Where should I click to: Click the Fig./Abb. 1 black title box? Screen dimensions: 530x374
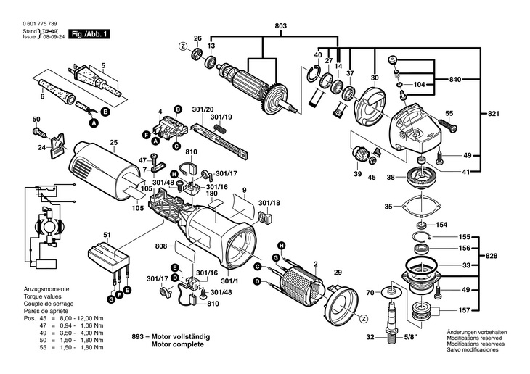(x=89, y=34)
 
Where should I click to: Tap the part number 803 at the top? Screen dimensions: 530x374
(x=280, y=26)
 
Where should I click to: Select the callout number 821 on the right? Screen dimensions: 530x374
(x=493, y=114)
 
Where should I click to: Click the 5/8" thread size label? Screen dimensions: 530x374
(x=410, y=337)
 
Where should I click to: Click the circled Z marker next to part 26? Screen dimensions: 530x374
(x=183, y=47)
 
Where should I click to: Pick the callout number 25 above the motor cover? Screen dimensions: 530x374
(x=113, y=143)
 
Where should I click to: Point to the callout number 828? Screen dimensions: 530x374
(x=491, y=256)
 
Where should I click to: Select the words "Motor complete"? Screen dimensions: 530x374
(x=177, y=344)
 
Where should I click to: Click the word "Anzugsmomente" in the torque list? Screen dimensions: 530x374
(x=46, y=289)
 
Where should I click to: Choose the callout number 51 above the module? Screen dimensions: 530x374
(x=107, y=235)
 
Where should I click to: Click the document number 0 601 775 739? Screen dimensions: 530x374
(x=40, y=24)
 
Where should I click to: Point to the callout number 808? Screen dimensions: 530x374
(x=161, y=246)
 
